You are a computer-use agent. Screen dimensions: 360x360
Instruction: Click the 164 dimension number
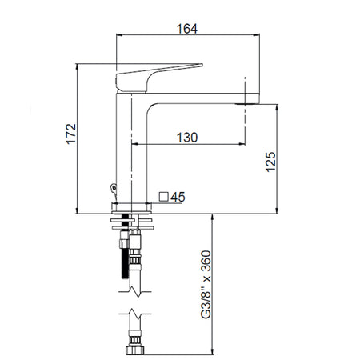187,28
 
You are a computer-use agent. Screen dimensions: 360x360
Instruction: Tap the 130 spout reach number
186,137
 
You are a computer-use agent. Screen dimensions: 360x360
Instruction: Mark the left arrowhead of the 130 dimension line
134,145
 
